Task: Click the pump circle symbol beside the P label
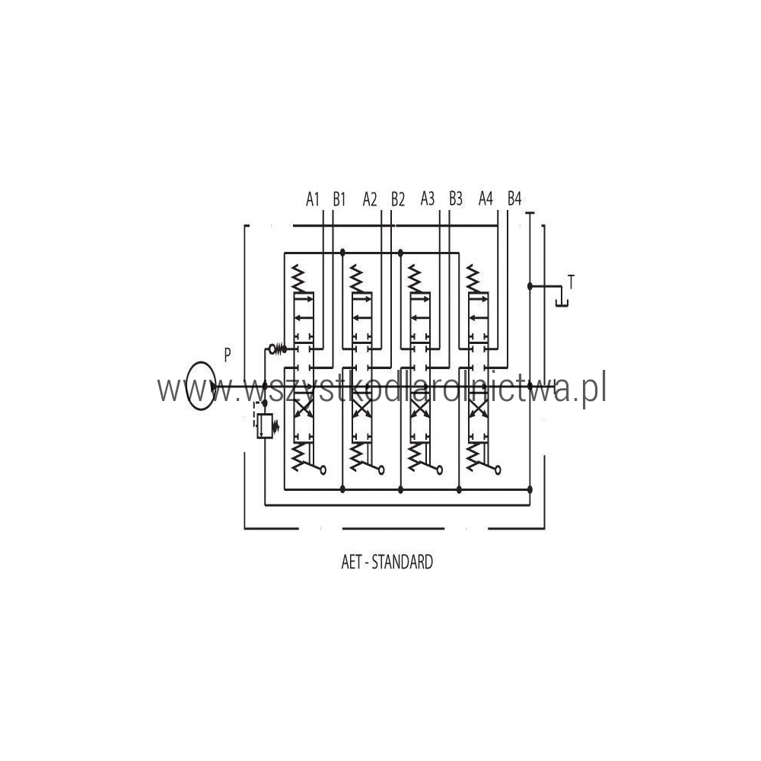coord(201,386)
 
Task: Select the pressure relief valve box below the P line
coord(265,426)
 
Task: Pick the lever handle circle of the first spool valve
coord(323,470)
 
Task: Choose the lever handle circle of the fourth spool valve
coord(498,470)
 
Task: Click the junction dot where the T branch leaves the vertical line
coord(530,286)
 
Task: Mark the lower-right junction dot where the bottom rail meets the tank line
coord(530,489)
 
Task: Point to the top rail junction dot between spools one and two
coord(342,253)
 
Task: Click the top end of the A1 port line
coord(323,211)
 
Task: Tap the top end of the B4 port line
coord(508,211)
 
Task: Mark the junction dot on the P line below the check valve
coord(265,386)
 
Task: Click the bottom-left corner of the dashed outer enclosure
coord(244,528)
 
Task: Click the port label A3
coord(428,199)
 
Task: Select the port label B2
coord(398,199)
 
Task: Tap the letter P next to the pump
coord(227,355)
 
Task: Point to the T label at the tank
coord(572,282)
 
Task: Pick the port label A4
coord(486,199)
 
